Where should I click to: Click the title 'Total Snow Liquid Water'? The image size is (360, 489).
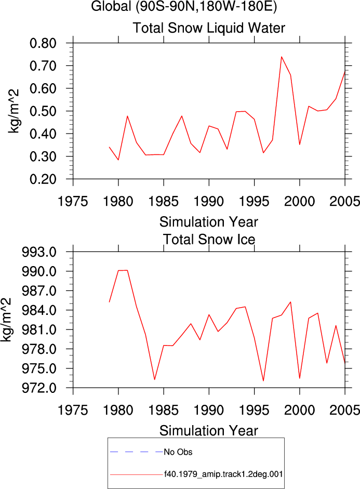click(209, 28)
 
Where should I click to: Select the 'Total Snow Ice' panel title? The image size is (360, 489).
click(209, 240)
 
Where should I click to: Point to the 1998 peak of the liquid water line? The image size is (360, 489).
click(282, 57)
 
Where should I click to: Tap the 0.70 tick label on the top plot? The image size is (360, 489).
click(43, 66)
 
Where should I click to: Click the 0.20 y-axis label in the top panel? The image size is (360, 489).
click(43, 179)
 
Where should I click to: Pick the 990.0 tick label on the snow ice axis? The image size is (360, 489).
click(39, 271)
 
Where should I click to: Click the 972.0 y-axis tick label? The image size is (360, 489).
click(39, 388)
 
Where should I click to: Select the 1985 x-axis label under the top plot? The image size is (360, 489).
click(164, 202)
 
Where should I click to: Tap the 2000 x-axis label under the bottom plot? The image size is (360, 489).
click(300, 410)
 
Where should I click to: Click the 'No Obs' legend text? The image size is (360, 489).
click(178, 452)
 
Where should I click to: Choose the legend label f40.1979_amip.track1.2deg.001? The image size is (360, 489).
click(223, 474)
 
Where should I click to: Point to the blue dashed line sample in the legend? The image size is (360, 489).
click(137, 452)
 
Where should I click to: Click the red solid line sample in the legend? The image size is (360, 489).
click(137, 475)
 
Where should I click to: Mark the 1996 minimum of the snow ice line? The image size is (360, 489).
click(263, 381)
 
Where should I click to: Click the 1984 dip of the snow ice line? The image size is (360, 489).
click(155, 379)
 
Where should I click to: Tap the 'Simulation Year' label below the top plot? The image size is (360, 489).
click(209, 222)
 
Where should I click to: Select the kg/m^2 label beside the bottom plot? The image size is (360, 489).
click(6, 320)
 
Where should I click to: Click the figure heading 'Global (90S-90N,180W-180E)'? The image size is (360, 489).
click(184, 6)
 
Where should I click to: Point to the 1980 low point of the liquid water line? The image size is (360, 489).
click(118, 160)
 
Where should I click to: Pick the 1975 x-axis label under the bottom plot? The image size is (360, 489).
click(73, 410)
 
